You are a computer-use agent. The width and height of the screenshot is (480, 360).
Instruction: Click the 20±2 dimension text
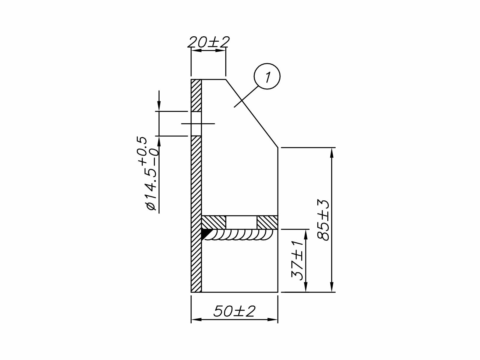tap(208, 42)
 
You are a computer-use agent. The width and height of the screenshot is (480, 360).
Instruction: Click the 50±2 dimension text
tap(234, 311)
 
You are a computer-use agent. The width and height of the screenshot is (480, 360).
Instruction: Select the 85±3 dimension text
tap(323, 220)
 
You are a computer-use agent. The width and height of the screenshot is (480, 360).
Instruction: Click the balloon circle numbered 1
tap(267, 76)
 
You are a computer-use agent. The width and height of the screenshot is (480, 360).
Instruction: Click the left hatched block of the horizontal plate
tap(214, 222)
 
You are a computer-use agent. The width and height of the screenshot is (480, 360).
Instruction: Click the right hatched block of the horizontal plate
tap(267, 222)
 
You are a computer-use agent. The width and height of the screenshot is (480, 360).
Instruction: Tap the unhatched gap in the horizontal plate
tap(241, 222)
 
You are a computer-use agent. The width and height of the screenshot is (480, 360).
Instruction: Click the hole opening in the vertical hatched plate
tap(196, 124)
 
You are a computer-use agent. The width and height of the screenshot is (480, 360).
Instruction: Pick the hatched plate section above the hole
tap(196, 95)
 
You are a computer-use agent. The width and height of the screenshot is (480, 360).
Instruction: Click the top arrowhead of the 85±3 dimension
tap(331, 152)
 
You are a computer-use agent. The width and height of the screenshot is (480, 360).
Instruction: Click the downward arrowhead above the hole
tap(159, 107)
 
